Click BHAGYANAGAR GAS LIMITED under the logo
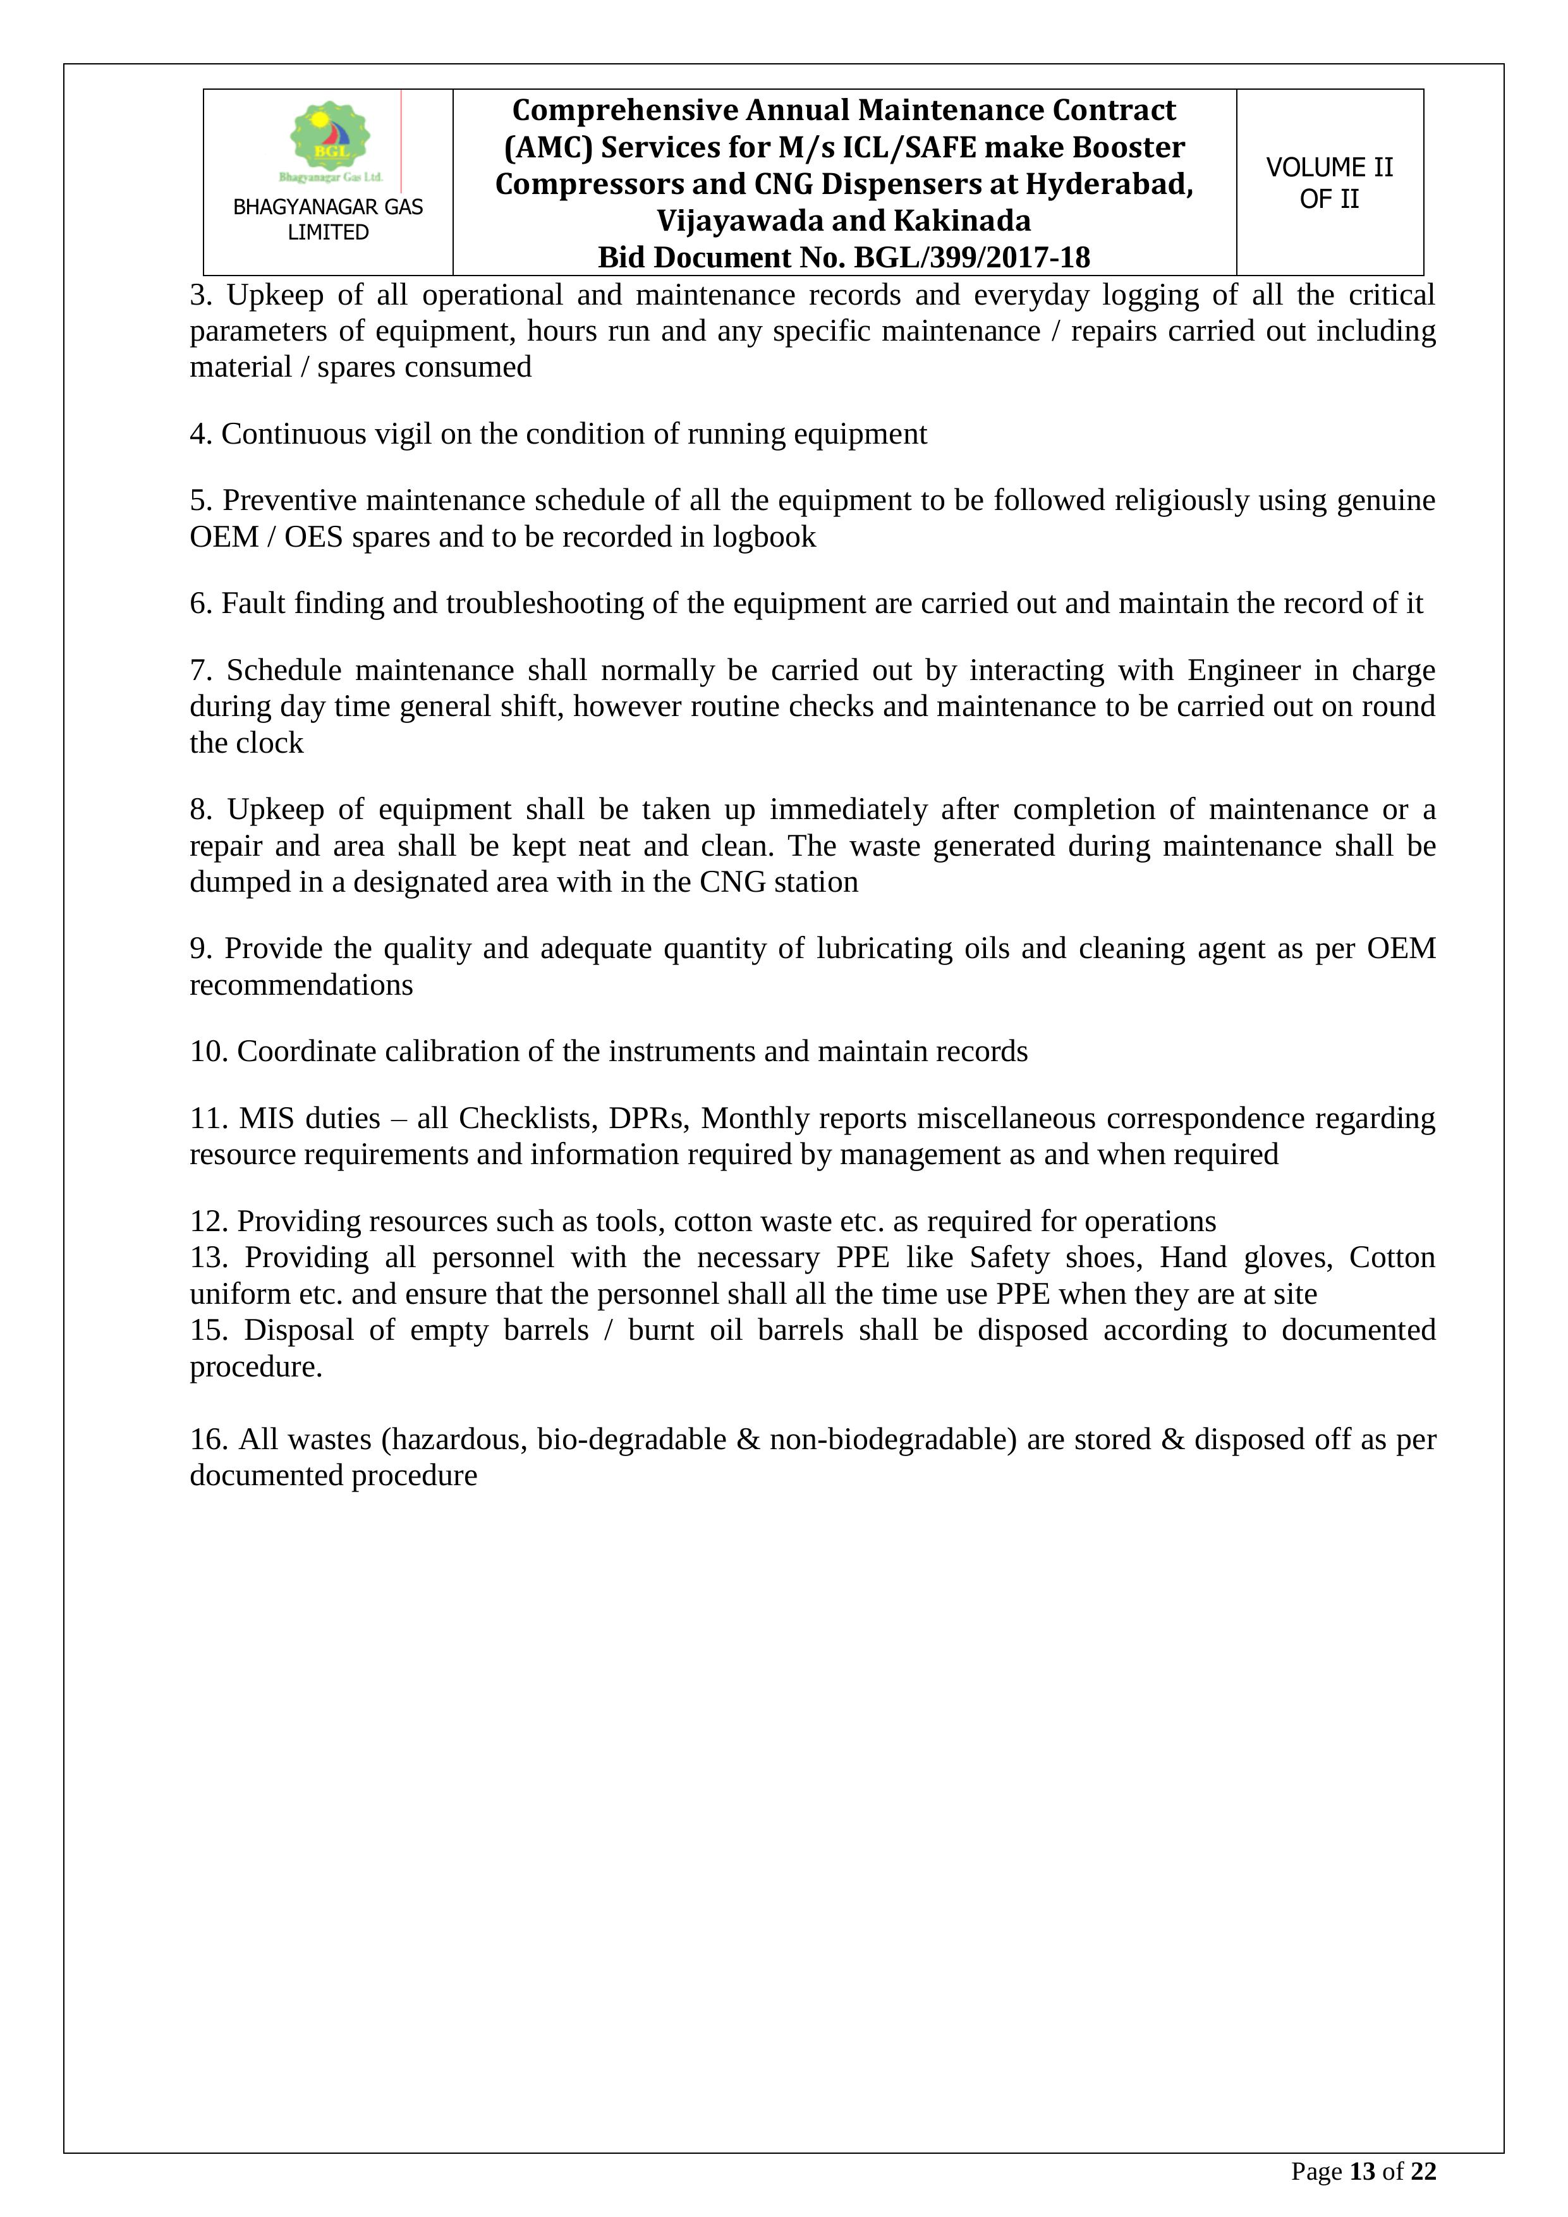click(328, 219)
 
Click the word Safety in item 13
click(1009, 1258)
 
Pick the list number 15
click(207, 1330)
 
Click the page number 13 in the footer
click(1361, 2171)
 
